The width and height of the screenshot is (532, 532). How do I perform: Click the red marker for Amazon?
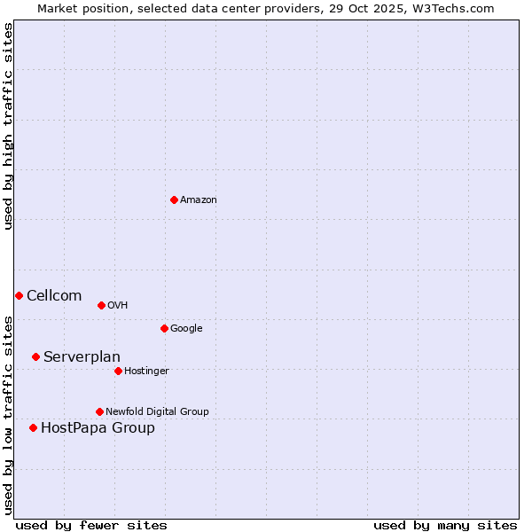pyautogui.click(x=174, y=199)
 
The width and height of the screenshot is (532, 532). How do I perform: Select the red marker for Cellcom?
pyautogui.click(x=19, y=295)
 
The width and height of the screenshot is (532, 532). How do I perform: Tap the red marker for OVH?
pyautogui.click(x=101, y=305)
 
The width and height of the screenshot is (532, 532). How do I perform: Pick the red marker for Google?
pyautogui.click(x=164, y=328)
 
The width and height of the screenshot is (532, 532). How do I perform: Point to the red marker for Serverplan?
pyautogui.click(x=35, y=356)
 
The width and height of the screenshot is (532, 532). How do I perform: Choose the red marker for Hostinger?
pyautogui.click(x=118, y=371)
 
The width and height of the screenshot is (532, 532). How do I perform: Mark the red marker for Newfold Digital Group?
pyautogui.click(x=99, y=411)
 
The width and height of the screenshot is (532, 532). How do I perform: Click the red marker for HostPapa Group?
pyautogui.click(x=33, y=427)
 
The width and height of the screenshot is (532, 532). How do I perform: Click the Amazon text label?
pyautogui.click(x=199, y=200)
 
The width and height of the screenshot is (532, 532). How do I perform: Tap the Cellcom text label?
pyautogui.click(x=54, y=296)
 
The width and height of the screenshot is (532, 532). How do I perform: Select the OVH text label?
pyautogui.click(x=118, y=306)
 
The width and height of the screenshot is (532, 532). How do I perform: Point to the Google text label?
pyautogui.click(x=186, y=329)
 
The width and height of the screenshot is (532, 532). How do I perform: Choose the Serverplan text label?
pyautogui.click(x=82, y=357)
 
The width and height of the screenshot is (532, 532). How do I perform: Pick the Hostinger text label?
pyautogui.click(x=146, y=372)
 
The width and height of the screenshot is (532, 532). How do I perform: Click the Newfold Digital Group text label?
pyautogui.click(x=157, y=412)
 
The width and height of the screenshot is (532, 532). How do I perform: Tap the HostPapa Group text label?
pyautogui.click(x=98, y=428)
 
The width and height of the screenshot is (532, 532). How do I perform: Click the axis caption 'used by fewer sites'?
pyautogui.click(x=91, y=525)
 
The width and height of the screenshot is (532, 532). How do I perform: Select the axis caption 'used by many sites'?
pyautogui.click(x=445, y=525)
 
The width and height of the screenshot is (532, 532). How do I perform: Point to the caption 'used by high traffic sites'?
pyautogui.click(x=9, y=126)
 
